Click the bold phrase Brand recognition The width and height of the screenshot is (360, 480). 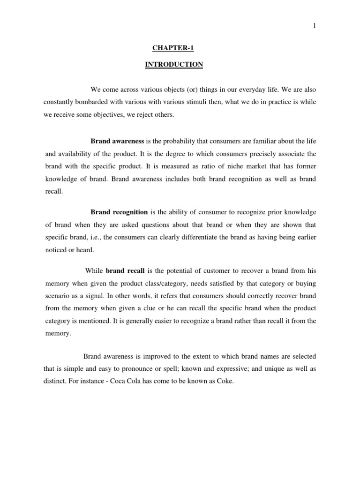pos(119,212)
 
